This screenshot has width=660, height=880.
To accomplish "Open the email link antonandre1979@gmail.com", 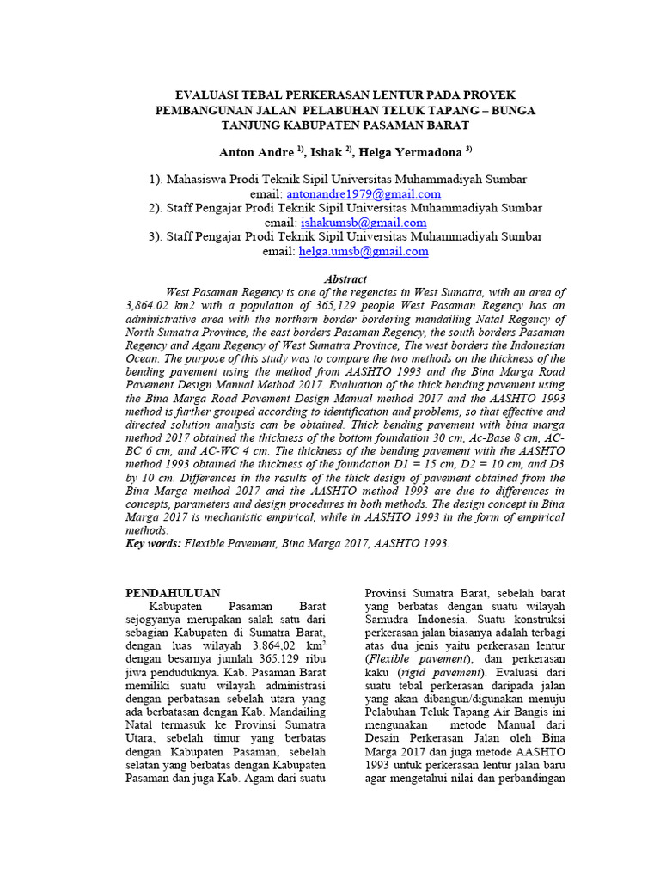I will tap(364, 194).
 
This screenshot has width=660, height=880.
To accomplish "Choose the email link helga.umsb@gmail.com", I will tap(363, 251).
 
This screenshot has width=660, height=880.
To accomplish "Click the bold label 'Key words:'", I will tap(154, 544).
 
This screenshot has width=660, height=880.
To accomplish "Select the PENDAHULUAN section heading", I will tap(173, 593).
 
